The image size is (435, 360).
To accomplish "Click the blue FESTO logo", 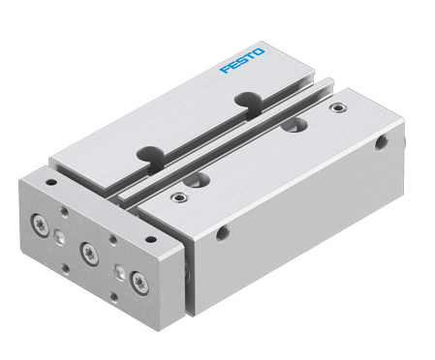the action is [242, 61].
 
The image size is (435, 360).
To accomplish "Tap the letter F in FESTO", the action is [226, 70].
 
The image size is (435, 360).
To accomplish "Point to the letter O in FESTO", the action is [260, 51].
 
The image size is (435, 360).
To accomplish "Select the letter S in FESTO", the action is [242, 60].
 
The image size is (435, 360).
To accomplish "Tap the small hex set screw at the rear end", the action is [338, 107].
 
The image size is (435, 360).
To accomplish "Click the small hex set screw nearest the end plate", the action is [178, 196].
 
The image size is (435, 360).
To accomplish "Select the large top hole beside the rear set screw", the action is [294, 125].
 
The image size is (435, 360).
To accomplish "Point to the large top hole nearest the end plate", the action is [197, 180].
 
